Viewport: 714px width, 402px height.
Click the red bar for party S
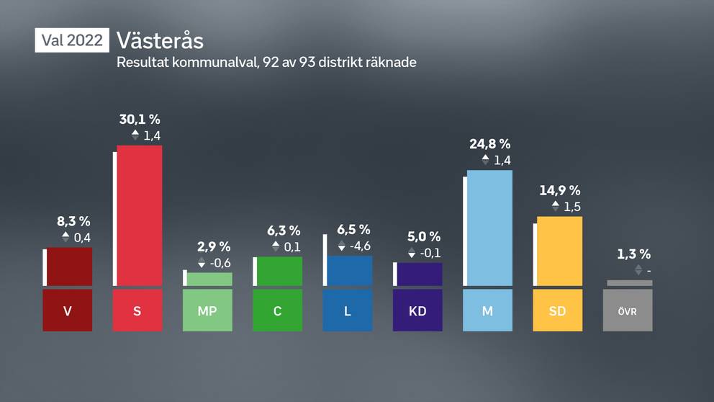click(x=140, y=215)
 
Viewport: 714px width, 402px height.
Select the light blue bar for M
click(x=489, y=228)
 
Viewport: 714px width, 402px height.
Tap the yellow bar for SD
click(x=559, y=251)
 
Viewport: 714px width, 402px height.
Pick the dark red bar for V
click(x=70, y=267)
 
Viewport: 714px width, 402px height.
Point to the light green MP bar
click(x=209, y=279)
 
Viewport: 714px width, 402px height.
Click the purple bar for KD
click(x=420, y=274)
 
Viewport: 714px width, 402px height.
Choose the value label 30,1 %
click(x=140, y=119)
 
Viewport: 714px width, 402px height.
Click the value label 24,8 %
click(x=489, y=144)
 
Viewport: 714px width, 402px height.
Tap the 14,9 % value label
click(x=559, y=191)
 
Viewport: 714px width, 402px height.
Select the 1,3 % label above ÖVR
click(x=633, y=254)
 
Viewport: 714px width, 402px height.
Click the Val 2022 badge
click(x=72, y=40)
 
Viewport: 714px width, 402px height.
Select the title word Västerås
click(x=160, y=40)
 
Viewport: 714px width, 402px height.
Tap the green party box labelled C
click(x=278, y=311)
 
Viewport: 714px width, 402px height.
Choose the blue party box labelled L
click(x=348, y=311)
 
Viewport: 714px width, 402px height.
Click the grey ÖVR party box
click(x=628, y=311)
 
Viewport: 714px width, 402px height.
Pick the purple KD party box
click(x=417, y=311)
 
